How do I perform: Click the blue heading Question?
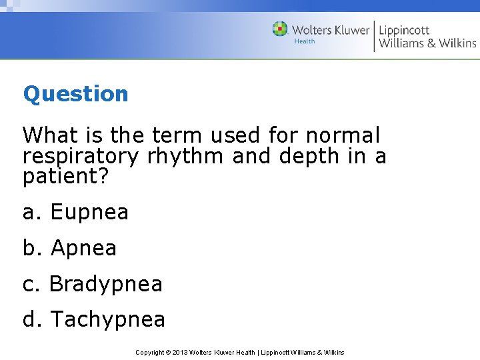coord(75,94)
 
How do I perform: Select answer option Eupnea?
coord(89,213)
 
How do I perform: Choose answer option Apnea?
coord(83,248)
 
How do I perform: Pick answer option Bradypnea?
coord(106,284)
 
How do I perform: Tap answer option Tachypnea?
coord(107,319)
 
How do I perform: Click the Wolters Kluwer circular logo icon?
coord(280,29)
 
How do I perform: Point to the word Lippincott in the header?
coord(404,30)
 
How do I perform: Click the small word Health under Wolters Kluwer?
coord(305,41)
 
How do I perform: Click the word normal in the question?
coord(343,135)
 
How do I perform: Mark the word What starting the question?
coord(48,135)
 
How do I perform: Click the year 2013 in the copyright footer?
coord(181,352)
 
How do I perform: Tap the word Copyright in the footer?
coord(150,352)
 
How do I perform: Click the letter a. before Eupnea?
coord(32,213)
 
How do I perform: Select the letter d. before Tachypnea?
coord(33,319)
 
